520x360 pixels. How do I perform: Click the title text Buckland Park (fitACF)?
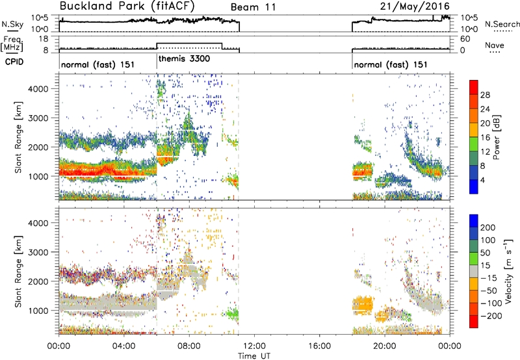coord(127,6)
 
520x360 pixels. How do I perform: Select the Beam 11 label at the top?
coord(253,7)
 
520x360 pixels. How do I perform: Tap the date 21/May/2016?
coord(415,6)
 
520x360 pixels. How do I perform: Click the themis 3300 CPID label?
coord(184,59)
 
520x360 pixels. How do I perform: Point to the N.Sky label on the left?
coord(12,24)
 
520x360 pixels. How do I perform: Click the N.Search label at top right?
coord(502,24)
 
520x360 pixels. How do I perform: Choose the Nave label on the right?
coord(495,45)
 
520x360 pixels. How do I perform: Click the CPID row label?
coord(14,62)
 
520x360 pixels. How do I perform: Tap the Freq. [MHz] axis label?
coord(12,44)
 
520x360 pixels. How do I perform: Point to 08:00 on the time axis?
coord(189,346)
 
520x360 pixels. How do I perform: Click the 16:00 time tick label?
coord(319,346)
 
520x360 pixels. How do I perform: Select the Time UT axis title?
coord(254,356)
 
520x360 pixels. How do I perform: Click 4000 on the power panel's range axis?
coord(38,89)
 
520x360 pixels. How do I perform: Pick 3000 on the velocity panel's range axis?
coord(38,252)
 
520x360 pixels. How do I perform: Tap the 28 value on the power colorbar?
coord(485,95)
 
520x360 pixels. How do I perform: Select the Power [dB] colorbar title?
coord(497,137)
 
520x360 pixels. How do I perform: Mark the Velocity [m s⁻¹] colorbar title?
coord(508,271)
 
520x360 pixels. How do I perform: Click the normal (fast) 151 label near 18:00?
coord(391,64)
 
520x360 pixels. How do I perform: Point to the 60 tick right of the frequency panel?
coord(465,39)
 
